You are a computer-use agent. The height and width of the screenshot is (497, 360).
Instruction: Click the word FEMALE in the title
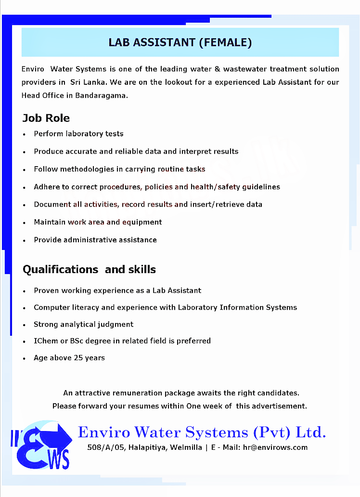click(x=225, y=42)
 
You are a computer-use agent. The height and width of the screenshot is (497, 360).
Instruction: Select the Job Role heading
click(x=46, y=118)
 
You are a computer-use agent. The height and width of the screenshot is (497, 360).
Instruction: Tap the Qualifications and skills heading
click(x=89, y=269)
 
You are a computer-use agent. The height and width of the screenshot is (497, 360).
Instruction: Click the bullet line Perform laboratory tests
click(x=78, y=134)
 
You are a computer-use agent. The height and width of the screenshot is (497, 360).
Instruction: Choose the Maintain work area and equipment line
click(x=98, y=222)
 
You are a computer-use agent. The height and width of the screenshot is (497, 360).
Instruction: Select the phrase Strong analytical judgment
click(x=83, y=324)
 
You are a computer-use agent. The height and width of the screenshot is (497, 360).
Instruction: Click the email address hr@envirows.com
click(x=275, y=447)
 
